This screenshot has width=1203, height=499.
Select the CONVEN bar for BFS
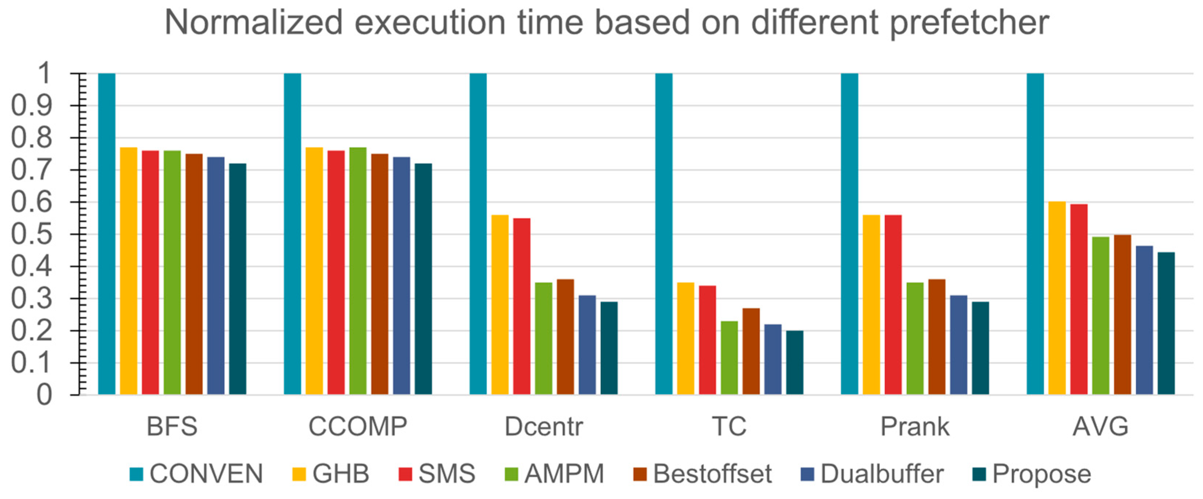107,234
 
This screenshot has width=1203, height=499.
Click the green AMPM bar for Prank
915,338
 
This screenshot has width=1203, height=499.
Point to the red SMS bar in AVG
1079,299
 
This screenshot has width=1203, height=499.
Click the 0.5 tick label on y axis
31,235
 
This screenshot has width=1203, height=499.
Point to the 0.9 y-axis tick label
31,106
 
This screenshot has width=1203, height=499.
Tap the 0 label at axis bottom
45,395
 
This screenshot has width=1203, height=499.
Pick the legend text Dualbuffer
882,474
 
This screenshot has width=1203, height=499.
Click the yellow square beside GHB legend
299,474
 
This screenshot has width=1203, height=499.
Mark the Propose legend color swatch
979,474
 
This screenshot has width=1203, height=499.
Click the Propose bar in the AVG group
1166,323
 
